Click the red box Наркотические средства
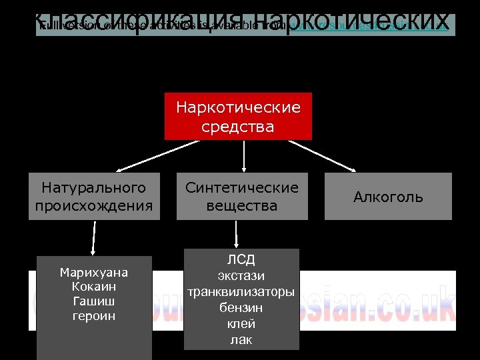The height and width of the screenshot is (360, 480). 238,117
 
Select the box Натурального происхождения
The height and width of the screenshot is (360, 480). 94,197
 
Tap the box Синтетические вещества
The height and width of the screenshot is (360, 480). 242,197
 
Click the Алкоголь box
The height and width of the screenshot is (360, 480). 388,197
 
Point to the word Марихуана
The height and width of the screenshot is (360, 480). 94,273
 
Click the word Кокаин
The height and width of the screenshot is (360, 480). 94,287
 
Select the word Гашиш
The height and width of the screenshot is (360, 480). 94,301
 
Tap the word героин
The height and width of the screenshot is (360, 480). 94,316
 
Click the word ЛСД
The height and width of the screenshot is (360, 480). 241,260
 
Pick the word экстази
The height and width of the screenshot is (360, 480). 241,275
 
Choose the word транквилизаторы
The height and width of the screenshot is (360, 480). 241,291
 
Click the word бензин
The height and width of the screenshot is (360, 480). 241,308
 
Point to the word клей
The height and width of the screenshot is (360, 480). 241,324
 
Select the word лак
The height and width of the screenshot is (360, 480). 241,340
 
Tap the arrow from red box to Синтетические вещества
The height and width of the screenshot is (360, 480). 244,157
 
